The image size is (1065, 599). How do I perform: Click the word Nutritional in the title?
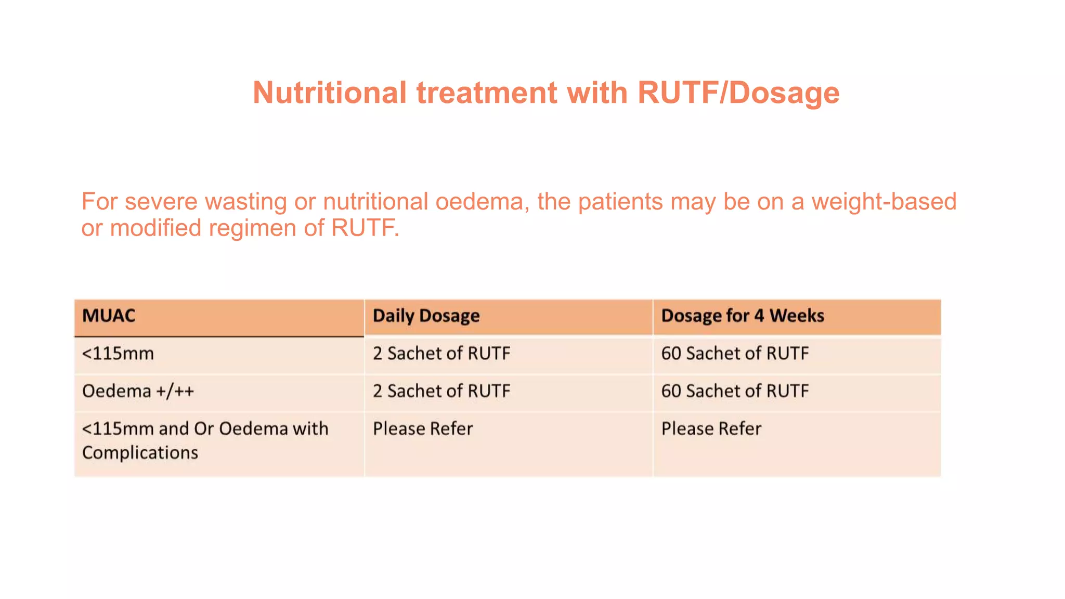pos(329,93)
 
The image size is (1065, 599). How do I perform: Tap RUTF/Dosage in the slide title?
pos(738,93)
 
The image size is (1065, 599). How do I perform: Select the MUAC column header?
pos(109,316)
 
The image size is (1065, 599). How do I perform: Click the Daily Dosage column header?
pos(426,316)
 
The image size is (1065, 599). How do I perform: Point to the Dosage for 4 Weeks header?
pos(742,316)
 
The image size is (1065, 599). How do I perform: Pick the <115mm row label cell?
pos(118,354)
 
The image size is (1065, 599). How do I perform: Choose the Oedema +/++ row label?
pos(138,391)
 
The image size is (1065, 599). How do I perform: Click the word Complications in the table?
pos(140,452)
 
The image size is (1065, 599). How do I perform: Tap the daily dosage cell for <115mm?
pos(441,354)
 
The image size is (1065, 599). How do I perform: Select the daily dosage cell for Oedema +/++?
pos(441,391)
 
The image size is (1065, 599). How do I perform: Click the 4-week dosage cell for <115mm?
pos(735,354)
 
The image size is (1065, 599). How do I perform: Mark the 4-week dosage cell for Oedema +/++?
pos(735,391)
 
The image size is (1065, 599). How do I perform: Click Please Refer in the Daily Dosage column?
pos(423,428)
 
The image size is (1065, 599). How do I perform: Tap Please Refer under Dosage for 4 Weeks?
pos(711,428)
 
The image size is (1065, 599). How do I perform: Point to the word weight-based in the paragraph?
pos(884,202)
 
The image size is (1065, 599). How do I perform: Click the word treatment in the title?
pos(487,93)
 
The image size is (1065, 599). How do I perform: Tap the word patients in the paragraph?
pos(620,202)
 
